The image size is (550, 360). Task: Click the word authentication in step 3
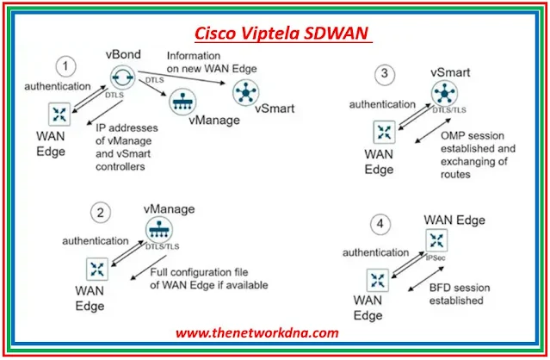click(x=378, y=104)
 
